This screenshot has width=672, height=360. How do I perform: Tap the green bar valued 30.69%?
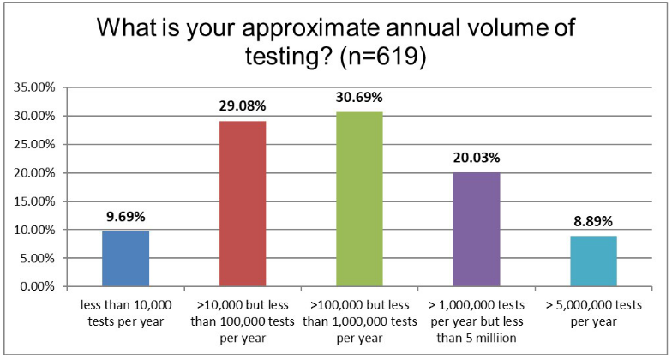(x=358, y=199)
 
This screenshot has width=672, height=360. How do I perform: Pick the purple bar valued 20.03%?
(x=476, y=229)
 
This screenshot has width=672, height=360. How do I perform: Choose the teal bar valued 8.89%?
(x=592, y=261)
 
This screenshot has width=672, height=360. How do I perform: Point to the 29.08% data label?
(x=242, y=106)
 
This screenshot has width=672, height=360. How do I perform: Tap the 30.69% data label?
(x=358, y=98)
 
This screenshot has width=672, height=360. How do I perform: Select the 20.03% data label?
(x=476, y=158)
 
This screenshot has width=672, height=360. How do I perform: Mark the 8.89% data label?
(x=592, y=221)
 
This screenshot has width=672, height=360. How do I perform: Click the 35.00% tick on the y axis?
(x=33, y=87)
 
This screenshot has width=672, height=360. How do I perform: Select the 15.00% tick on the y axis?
(x=33, y=201)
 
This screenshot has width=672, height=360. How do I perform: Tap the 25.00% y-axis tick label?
(x=33, y=144)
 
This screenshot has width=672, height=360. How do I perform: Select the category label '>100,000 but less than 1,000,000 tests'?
(x=358, y=311)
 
